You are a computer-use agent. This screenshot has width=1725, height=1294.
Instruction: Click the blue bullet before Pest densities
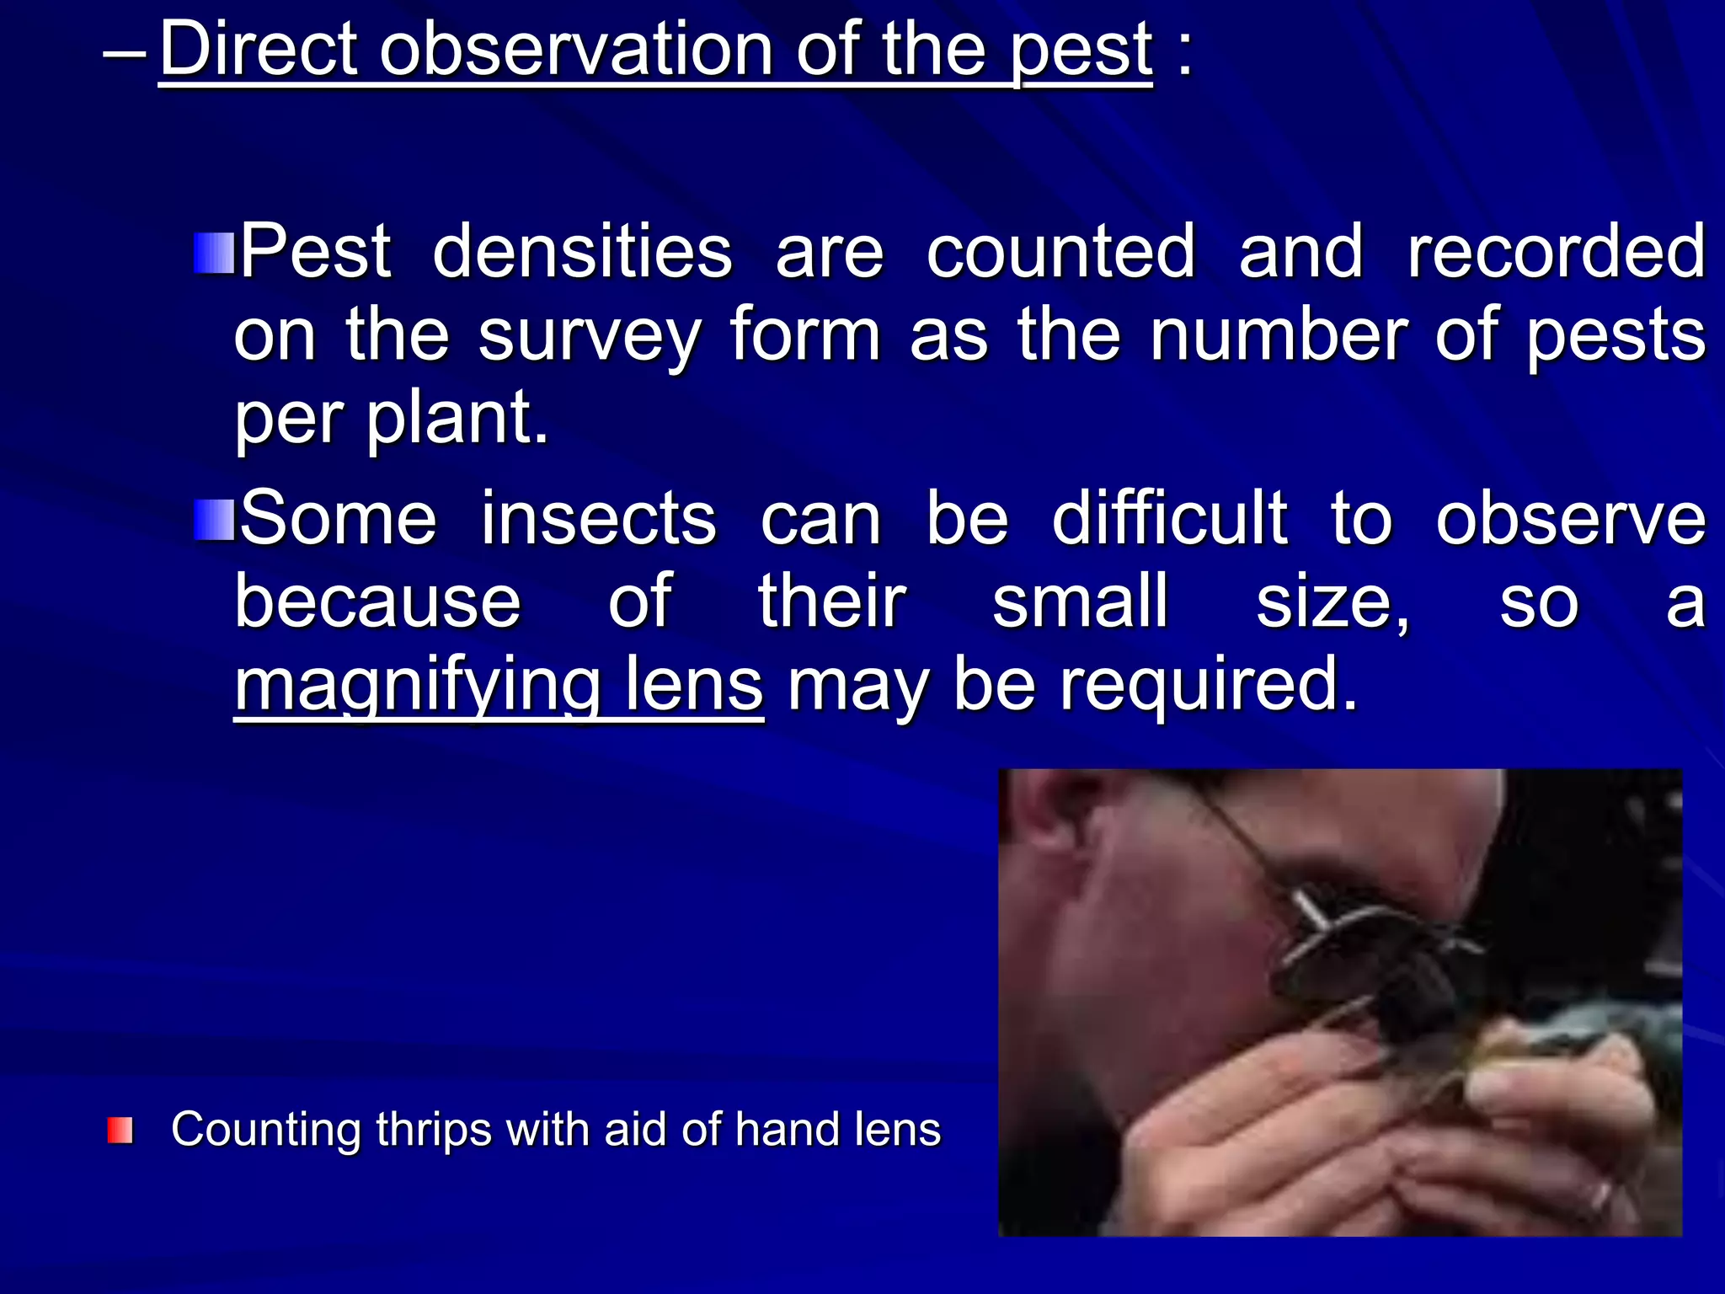pyautogui.click(x=214, y=254)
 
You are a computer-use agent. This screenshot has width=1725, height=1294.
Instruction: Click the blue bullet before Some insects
pyautogui.click(x=214, y=520)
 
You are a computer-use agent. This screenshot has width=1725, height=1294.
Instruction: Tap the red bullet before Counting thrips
pyautogui.click(x=120, y=1131)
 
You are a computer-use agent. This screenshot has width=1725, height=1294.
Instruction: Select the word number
pyautogui.click(x=1279, y=335)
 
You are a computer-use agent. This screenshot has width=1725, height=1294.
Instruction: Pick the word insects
pyautogui.click(x=599, y=519)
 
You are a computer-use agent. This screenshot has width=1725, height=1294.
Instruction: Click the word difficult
pyautogui.click(x=1170, y=517)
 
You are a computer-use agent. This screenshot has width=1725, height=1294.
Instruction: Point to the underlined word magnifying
pyautogui.click(x=418, y=687)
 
